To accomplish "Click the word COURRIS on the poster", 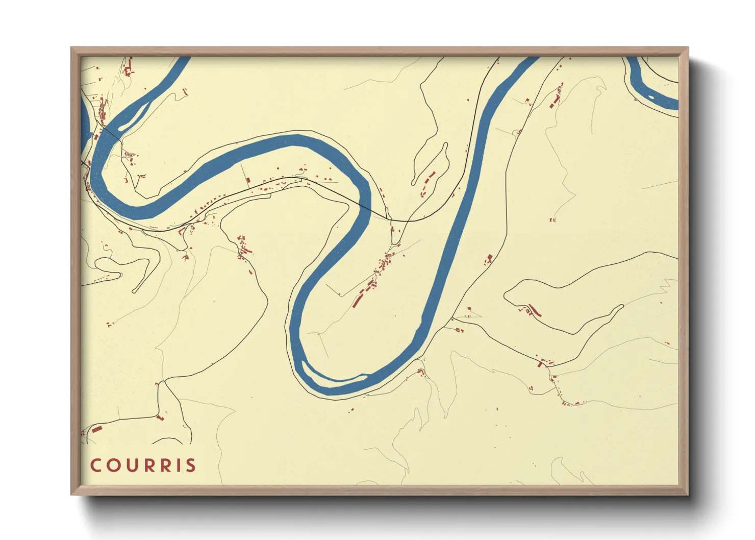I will pos(143,465).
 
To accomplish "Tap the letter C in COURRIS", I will pos(95,465).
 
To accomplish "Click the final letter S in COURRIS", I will pos(190,465).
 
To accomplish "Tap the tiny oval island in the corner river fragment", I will pos(651,97).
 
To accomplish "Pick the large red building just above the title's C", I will pos(96,429).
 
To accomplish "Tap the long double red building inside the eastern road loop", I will pos(534,310).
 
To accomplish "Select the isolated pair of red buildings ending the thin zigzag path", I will pos(551,220).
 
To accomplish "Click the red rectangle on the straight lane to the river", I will pos(248,180).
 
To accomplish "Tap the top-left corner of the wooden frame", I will pos(71,48).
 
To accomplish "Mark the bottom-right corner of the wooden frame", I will pos(688,495).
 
